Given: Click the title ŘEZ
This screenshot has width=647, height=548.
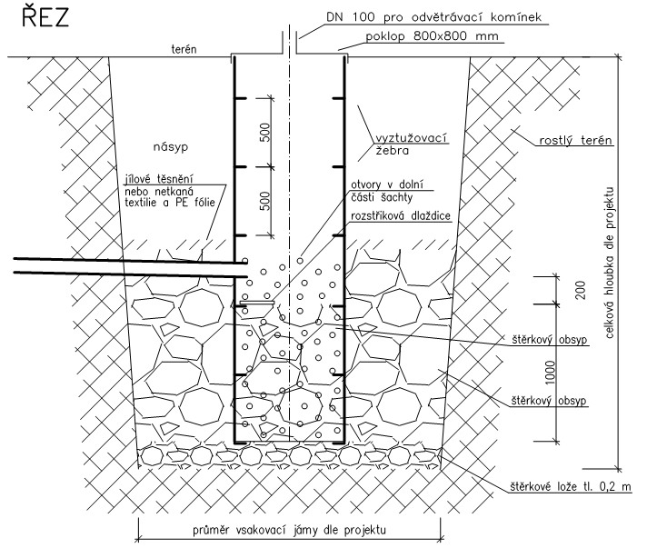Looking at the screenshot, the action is (45, 17).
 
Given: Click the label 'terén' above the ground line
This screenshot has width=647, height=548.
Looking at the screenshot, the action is (184, 49).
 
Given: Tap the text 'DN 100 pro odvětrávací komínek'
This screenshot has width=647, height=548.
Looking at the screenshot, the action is (433, 17).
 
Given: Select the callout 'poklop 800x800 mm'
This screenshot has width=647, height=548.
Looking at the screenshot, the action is (432, 36).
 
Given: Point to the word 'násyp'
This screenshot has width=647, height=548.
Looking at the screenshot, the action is (171, 147).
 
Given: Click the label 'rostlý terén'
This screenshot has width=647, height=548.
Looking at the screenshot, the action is (575, 140).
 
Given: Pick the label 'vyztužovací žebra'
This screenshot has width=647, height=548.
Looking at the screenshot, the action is (411, 144).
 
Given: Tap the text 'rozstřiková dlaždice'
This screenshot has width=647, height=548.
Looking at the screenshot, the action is (401, 215).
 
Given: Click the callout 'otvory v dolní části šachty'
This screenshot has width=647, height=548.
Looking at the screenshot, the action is (386, 191).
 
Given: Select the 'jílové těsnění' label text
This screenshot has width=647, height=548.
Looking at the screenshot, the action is (159, 179).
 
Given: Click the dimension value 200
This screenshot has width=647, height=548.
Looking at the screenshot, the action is (581, 290).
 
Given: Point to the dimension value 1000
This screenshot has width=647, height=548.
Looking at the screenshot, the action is (551, 373).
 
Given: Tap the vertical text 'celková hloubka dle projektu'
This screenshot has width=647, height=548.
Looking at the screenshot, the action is (610, 263).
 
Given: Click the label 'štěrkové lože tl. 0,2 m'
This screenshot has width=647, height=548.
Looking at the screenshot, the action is (571, 487).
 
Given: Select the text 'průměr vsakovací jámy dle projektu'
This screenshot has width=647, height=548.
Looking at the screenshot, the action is (289, 530).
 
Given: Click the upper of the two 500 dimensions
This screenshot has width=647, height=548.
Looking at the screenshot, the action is (265, 133).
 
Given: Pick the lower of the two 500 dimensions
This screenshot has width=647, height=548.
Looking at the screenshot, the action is (265, 201).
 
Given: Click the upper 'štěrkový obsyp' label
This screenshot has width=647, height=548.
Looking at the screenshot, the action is (549, 340).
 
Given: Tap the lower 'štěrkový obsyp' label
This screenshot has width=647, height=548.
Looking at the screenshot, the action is (549, 401).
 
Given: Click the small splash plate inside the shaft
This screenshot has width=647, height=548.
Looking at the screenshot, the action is (257, 303).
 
